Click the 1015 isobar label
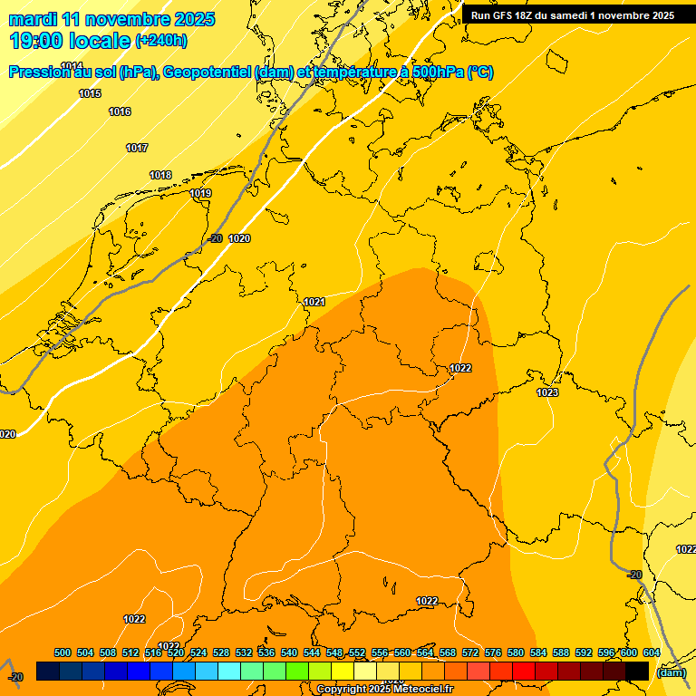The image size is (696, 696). (x=90, y=93)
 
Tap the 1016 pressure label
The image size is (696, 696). (x=120, y=111)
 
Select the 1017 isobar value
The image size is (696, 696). (x=137, y=148)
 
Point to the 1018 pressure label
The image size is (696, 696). (x=160, y=175)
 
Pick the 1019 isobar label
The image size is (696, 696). (x=200, y=193)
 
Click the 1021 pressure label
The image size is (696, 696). (x=314, y=302)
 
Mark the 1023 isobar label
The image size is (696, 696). (x=547, y=392)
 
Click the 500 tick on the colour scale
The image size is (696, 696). (x=63, y=652)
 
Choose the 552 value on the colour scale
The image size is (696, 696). (x=357, y=652)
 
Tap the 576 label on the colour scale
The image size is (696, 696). (x=493, y=652)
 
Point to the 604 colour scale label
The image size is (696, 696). (x=652, y=652)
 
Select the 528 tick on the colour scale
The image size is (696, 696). (x=221, y=652)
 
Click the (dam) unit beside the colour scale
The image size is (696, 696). (x=671, y=672)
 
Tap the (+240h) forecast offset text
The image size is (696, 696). (x=160, y=41)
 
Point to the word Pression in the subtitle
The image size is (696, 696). (x=39, y=72)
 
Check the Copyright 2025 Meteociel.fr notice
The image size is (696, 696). (x=384, y=690)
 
